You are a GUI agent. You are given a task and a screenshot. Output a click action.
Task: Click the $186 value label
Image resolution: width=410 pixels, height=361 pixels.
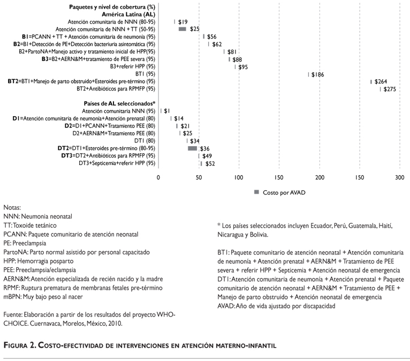(x=317, y=74)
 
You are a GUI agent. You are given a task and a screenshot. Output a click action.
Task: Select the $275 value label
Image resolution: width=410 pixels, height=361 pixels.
(x=389, y=89)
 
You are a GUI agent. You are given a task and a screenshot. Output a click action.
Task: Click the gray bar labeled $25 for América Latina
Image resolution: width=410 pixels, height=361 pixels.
(x=182, y=28)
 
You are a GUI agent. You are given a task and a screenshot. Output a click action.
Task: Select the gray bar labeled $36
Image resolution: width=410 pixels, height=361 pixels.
(x=192, y=148)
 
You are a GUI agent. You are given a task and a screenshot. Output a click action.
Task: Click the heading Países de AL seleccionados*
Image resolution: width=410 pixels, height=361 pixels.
(x=120, y=103)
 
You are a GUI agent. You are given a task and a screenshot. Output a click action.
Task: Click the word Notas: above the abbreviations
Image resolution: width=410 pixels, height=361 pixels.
(x=13, y=207)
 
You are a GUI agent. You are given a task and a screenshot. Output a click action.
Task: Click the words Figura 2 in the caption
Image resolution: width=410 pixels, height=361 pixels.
(x=22, y=346)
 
